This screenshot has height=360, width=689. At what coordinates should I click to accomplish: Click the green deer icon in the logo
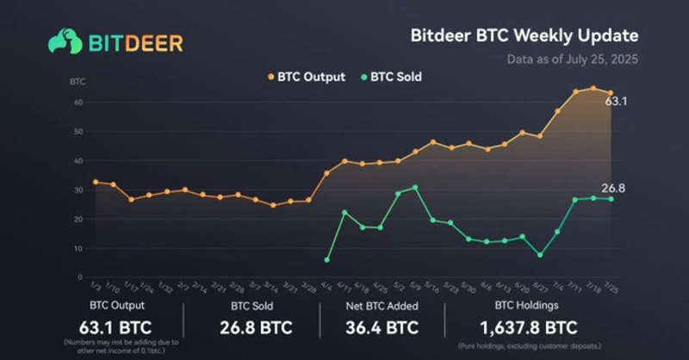65,40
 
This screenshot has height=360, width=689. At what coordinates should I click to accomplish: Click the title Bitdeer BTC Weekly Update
525,36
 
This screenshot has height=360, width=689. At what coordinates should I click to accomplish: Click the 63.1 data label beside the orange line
616,101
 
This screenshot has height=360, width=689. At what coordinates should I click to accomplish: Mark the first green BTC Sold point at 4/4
327,259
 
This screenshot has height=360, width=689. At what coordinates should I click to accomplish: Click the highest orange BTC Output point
593,88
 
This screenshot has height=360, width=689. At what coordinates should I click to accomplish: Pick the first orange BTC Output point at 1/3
95,182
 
